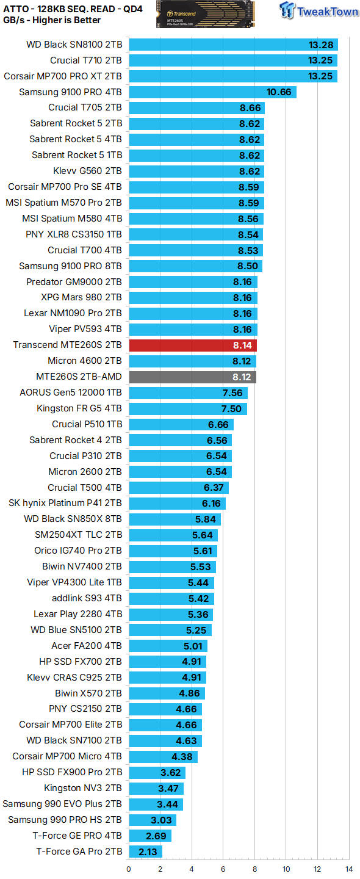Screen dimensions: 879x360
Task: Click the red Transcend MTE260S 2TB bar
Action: coord(193,345)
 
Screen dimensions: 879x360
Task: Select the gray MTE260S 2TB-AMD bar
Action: coord(192,377)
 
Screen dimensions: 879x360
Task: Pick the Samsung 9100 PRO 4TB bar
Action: coord(212,92)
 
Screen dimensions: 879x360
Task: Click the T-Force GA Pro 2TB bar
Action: coord(145,852)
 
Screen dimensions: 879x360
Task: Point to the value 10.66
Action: coord(279,92)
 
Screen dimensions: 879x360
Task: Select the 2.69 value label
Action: coord(154,836)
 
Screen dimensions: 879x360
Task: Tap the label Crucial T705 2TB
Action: coord(85,107)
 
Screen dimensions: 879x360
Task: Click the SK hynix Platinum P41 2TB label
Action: coord(65,504)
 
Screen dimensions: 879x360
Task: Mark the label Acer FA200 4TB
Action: coord(87,646)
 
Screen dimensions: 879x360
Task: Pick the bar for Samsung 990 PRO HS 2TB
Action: coord(153,820)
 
